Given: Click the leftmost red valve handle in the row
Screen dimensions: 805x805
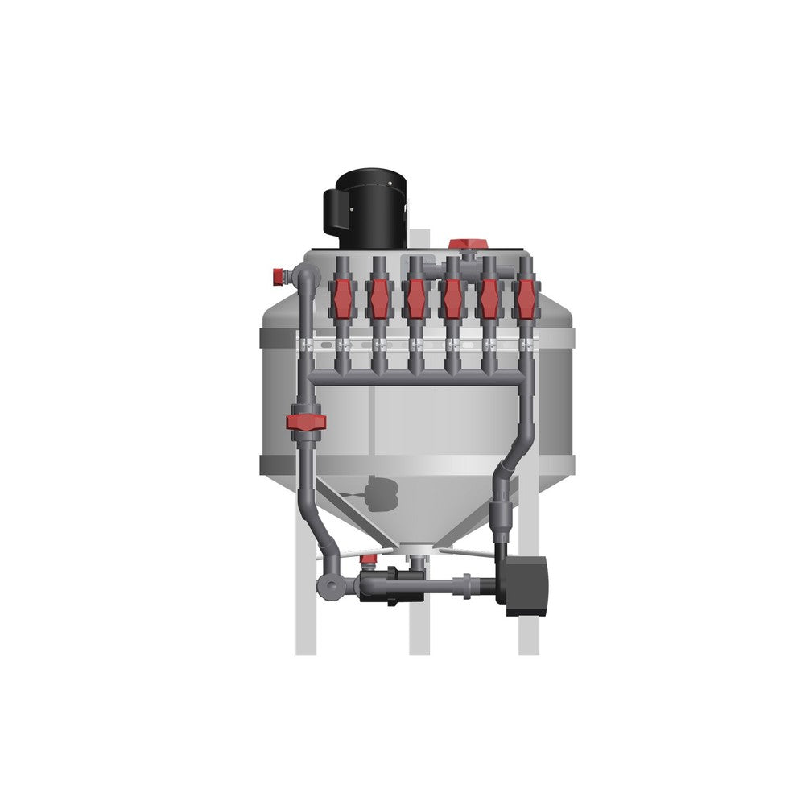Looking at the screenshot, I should (341, 297).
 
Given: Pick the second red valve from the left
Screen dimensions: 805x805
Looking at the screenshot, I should (378, 297).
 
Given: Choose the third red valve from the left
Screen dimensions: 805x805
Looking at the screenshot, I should (415, 297).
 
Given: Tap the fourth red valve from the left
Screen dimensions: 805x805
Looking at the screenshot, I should (452, 297).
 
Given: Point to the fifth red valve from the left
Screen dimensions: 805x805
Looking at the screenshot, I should (489, 297).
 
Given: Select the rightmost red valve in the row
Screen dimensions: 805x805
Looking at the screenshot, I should (526, 297).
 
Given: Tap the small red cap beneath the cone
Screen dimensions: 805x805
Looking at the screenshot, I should (369, 559).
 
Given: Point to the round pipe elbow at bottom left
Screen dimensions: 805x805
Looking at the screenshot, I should (331, 584).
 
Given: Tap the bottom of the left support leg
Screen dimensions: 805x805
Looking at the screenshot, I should (306, 644).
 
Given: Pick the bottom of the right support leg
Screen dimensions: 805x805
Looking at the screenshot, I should (528, 644).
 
